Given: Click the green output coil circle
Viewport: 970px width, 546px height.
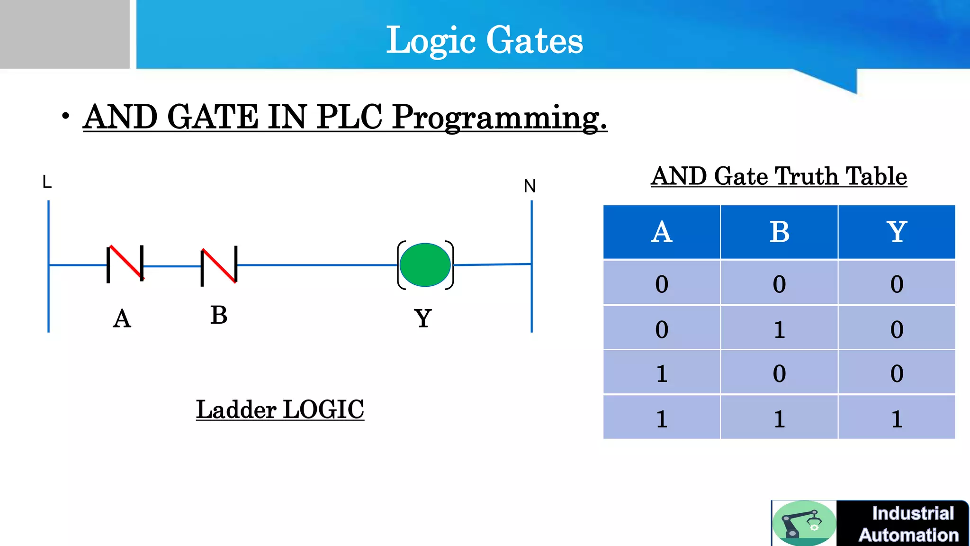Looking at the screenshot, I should pyautogui.click(x=425, y=265).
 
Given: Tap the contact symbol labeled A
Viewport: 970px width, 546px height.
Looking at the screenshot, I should pyautogui.click(x=126, y=264).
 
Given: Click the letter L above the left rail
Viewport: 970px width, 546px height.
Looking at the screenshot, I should pyautogui.click(x=47, y=182).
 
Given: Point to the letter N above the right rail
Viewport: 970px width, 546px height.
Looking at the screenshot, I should pyautogui.click(x=530, y=186).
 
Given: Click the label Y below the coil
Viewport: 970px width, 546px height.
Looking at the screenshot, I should pyautogui.click(x=423, y=318).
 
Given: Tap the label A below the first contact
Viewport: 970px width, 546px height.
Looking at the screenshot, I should pyautogui.click(x=122, y=319).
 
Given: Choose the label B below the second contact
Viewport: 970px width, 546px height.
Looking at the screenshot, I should pyautogui.click(x=219, y=315).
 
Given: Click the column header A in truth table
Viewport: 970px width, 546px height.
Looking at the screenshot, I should pyautogui.click(x=662, y=232).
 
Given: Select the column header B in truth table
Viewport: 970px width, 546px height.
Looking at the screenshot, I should pyautogui.click(x=779, y=232).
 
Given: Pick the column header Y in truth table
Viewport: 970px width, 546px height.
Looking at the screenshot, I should pyautogui.click(x=897, y=232).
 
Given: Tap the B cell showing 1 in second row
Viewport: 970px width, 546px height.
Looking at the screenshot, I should pyautogui.click(x=779, y=329).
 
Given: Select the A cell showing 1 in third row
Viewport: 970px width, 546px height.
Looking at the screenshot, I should pyautogui.click(x=662, y=374).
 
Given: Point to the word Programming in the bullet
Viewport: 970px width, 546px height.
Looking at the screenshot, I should pyautogui.click(x=500, y=117).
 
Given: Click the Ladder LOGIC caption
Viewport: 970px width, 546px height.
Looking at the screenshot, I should pyautogui.click(x=280, y=409).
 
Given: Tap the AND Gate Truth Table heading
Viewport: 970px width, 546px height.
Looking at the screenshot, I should pyautogui.click(x=779, y=176).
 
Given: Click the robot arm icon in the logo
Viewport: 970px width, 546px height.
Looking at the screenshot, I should pyautogui.click(x=804, y=523).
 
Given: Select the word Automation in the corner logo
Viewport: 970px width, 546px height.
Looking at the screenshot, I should pyautogui.click(x=908, y=535).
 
